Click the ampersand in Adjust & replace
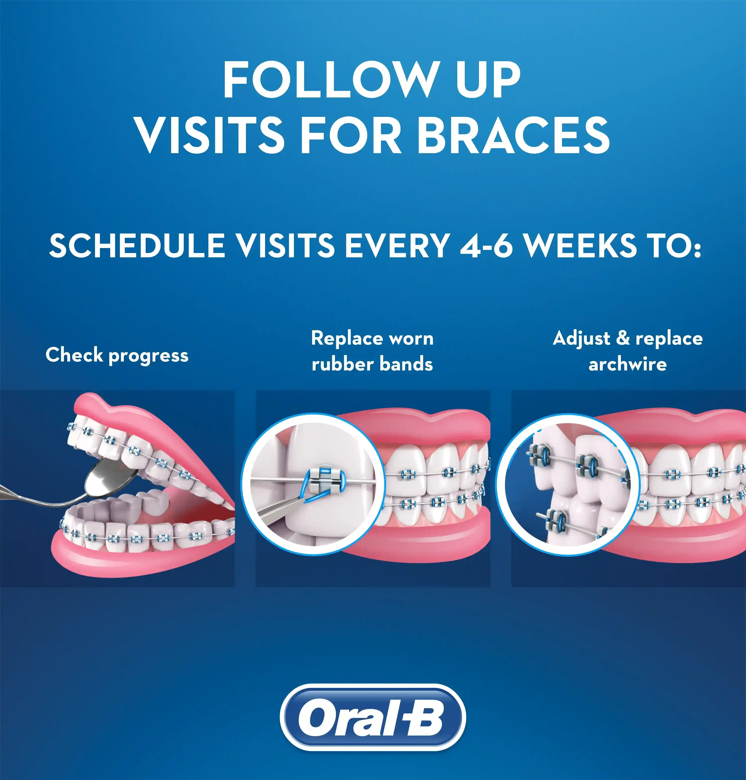coord(623,338)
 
